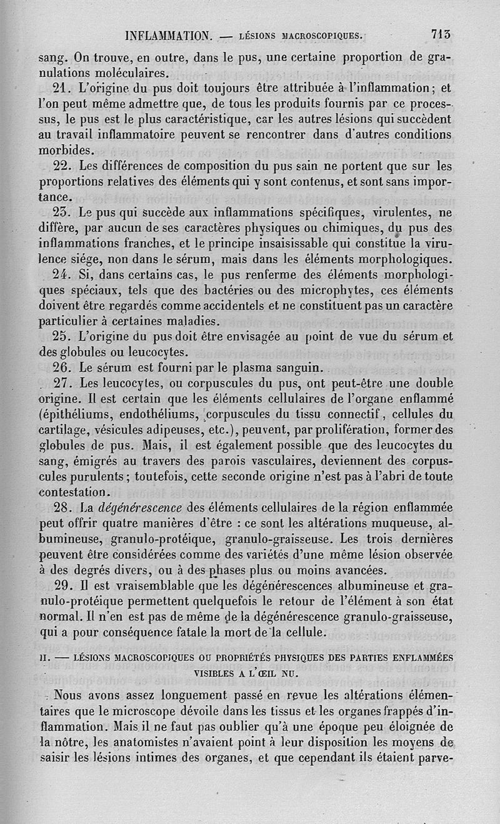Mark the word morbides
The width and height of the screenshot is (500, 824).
point(66,150)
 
